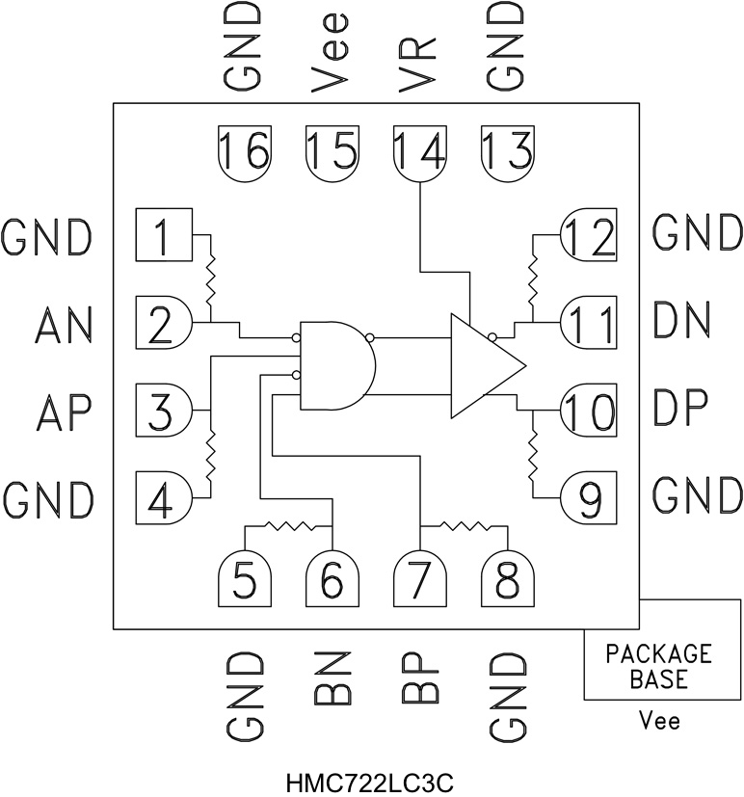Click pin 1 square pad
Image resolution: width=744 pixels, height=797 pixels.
(165, 234)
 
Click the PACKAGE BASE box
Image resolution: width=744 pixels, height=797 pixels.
(658, 666)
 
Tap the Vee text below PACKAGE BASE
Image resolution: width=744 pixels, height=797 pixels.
(659, 721)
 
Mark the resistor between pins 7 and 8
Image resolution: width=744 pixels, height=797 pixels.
(465, 526)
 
